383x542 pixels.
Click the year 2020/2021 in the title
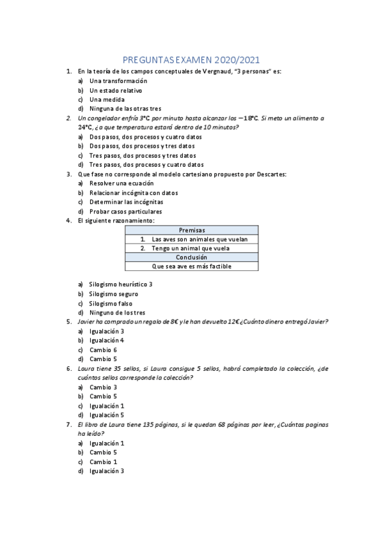237,58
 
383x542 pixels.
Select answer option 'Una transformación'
118,81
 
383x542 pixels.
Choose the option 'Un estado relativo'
116,91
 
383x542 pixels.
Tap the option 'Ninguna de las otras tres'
125,109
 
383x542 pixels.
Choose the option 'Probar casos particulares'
125,211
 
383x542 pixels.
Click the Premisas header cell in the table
192,230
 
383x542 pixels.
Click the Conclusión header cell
192,257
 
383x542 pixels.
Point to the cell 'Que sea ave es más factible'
192,266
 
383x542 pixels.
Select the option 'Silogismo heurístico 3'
121,284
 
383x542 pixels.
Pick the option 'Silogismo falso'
111,304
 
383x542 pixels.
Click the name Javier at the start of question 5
87,322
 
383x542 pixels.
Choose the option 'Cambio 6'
103,350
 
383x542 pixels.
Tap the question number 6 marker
68,369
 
